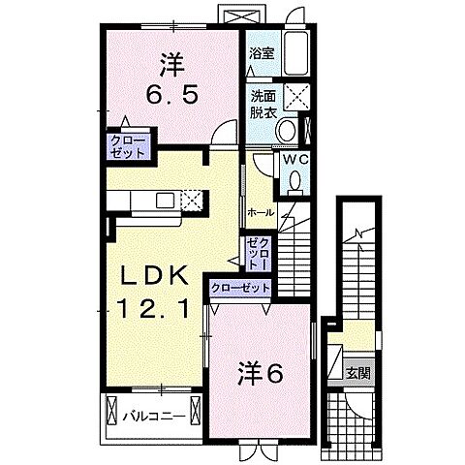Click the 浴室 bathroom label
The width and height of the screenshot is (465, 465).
tap(259, 55)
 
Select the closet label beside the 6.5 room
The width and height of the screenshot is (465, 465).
tap(127, 147)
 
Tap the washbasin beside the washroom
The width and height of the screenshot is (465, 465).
tap(307, 129)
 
